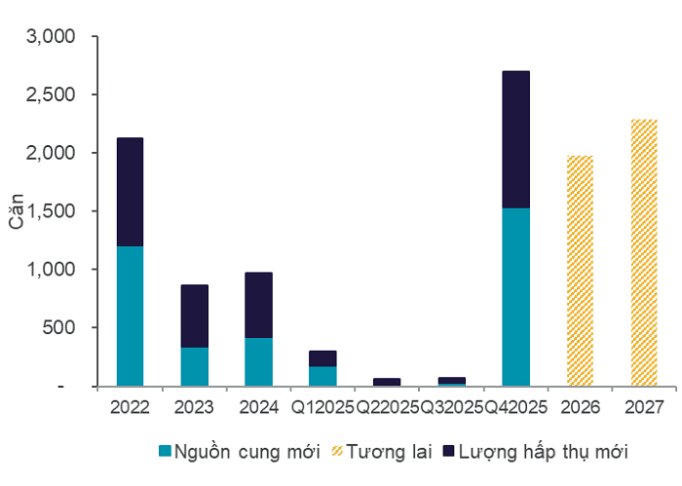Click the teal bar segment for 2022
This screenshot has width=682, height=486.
point(130,316)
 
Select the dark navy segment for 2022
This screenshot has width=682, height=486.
point(130,192)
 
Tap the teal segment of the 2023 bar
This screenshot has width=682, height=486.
point(194,366)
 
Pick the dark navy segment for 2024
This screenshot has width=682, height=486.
point(258,305)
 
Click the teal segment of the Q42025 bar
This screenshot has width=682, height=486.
point(515,297)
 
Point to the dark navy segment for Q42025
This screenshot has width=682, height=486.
point(515,139)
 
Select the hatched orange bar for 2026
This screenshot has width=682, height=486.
point(580,271)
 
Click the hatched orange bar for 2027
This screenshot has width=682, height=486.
point(644,252)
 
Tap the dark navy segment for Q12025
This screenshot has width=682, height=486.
point(322,358)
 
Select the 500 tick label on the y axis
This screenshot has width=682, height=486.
point(61,328)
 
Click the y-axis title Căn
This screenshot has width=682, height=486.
point(18,211)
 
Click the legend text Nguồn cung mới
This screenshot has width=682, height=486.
point(232,451)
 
